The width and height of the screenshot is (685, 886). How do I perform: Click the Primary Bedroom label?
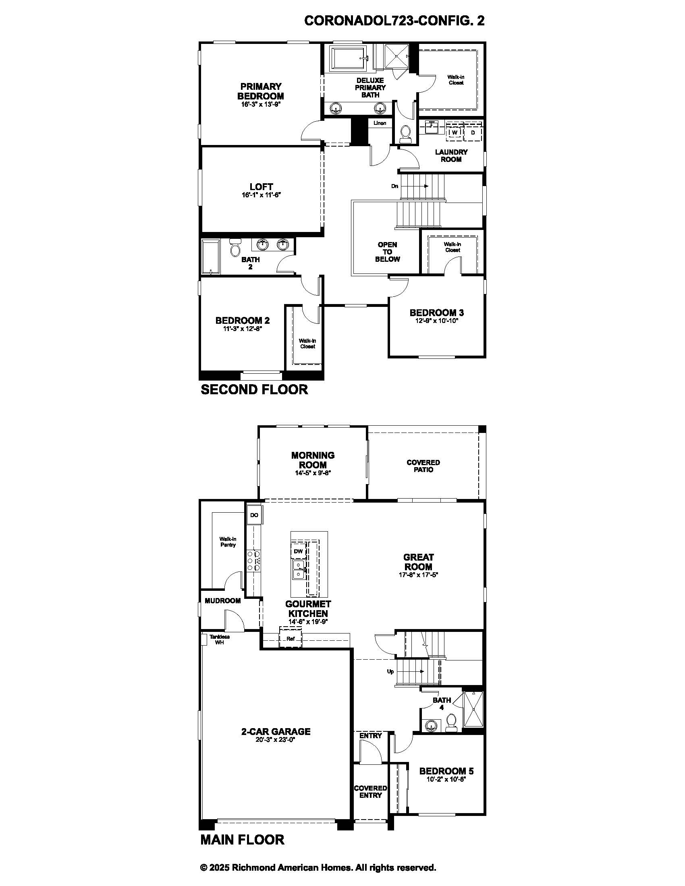[261, 91]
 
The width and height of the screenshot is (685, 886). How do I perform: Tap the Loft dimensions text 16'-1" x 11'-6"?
[262, 195]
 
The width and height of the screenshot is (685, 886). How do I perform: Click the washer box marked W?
[455, 132]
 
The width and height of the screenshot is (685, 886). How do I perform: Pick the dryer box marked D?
[473, 132]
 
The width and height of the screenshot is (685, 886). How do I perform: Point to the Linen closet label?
[380, 123]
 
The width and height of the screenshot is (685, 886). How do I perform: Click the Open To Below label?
[387, 252]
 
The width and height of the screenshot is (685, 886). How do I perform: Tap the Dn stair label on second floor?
[394, 186]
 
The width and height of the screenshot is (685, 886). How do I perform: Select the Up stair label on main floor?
[390, 671]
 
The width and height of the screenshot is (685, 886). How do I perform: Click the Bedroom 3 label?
[437, 313]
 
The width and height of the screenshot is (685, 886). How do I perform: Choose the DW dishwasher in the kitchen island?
[298, 551]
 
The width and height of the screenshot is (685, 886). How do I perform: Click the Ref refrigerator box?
[291, 639]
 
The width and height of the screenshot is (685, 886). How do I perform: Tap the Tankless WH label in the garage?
[220, 640]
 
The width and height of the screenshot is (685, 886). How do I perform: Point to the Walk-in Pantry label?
[228, 542]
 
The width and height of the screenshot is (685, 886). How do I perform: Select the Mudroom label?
[223, 601]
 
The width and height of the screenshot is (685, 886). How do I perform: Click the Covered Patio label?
[423, 466]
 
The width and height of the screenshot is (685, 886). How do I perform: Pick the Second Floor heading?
[254, 389]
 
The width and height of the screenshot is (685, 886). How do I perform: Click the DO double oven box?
[254, 515]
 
